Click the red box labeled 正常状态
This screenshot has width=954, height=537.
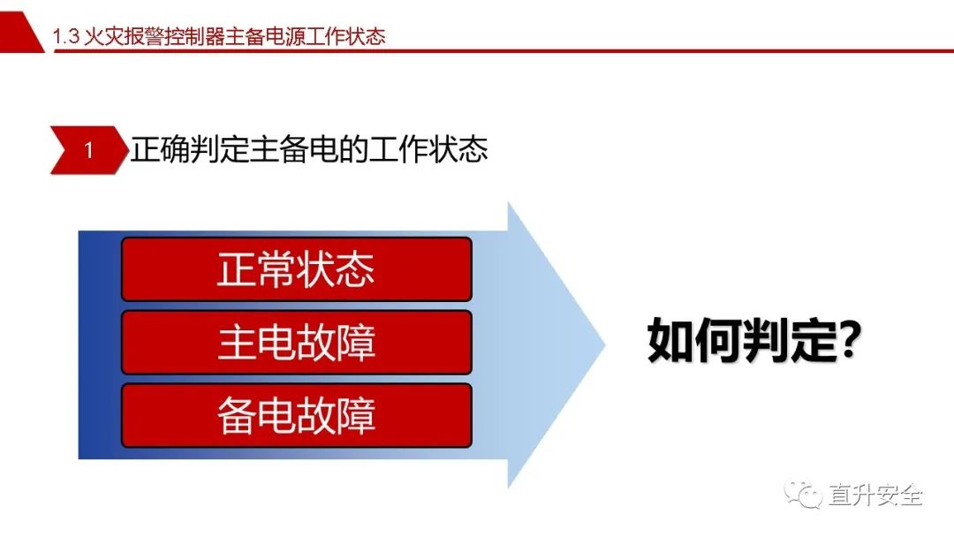(297, 268)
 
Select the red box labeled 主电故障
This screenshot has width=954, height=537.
(297, 342)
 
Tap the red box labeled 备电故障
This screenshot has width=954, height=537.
(297, 415)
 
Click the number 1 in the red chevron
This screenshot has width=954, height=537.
(89, 150)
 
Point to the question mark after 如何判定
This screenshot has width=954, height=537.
(849, 340)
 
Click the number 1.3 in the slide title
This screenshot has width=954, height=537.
(65, 36)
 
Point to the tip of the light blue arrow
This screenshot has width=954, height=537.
(605, 344)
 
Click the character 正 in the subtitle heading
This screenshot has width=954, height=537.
(146, 149)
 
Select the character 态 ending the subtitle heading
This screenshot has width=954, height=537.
(473, 149)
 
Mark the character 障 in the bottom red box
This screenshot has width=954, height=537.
(356, 416)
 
